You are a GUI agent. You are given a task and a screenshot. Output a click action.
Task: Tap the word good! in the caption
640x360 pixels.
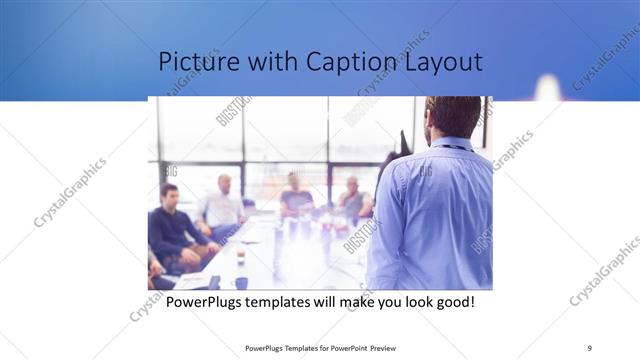point(450,301)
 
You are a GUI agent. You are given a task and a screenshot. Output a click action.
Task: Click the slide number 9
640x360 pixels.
point(590,348)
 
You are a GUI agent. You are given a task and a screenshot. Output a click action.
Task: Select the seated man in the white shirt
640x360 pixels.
point(222,205)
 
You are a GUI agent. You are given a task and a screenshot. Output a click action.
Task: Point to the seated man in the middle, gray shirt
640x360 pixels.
point(295,195)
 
